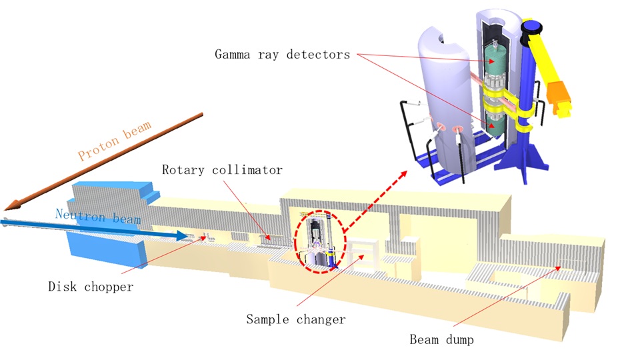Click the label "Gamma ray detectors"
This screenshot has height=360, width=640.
tap(282, 55)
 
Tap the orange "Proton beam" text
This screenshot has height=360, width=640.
tap(115, 141)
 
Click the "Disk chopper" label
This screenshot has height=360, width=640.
tap(91, 287)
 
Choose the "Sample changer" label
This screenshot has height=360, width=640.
tap(296, 319)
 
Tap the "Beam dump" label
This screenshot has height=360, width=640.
tap(441, 340)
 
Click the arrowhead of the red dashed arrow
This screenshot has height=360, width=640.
tap(405, 175)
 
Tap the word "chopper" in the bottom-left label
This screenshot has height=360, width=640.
tap(110, 287)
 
